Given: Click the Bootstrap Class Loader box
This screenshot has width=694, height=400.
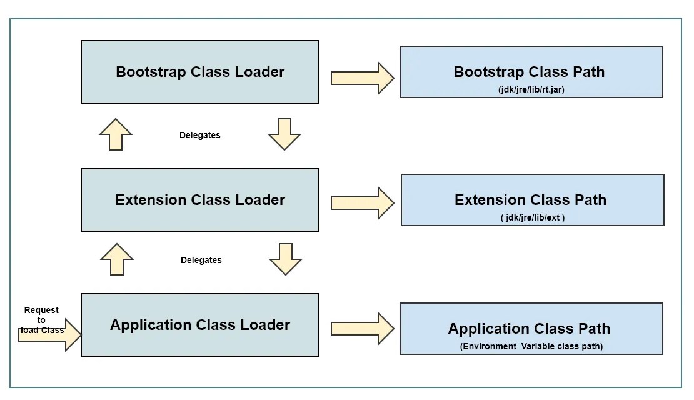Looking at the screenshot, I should click(x=200, y=72).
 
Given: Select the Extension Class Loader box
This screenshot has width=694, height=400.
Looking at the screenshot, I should click(x=200, y=200).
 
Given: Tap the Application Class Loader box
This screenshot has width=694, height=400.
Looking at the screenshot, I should click(x=200, y=325).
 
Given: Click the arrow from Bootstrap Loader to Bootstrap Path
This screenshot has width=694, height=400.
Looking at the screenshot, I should click(x=362, y=78).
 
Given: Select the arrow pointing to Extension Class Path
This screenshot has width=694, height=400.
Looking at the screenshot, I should click(x=362, y=203).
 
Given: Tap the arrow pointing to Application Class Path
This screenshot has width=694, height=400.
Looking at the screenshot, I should click(x=362, y=329).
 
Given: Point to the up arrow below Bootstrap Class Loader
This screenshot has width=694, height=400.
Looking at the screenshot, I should click(x=116, y=134).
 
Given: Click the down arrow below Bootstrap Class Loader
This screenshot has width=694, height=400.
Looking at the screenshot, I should click(x=284, y=134).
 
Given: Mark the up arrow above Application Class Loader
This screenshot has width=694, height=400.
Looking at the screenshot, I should click(x=117, y=259).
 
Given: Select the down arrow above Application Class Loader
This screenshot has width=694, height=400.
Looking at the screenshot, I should click(x=286, y=259).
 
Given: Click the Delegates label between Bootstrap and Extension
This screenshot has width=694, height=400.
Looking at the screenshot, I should click(x=200, y=135).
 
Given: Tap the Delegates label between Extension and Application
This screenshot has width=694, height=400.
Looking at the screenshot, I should click(x=201, y=260).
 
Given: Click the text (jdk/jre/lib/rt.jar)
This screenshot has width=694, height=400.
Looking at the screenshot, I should click(x=531, y=89).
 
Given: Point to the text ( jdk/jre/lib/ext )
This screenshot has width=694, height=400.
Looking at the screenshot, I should click(x=533, y=217).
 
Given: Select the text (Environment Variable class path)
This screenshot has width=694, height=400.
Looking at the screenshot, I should click(x=531, y=346).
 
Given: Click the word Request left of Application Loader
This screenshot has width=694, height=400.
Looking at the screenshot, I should click(x=41, y=310).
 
